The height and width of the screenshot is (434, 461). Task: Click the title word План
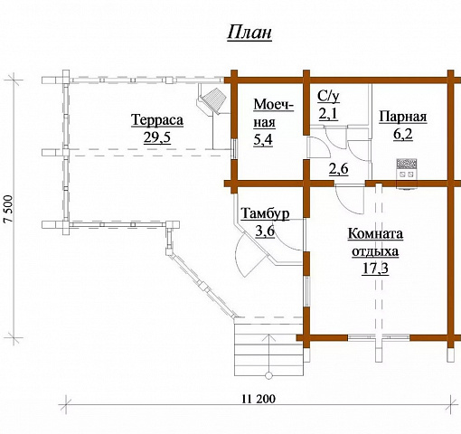tap(249, 33)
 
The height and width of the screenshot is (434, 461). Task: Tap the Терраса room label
tap(157, 119)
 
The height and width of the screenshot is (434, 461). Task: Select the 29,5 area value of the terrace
tap(157, 137)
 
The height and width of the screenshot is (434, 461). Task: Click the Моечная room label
tap(274, 113)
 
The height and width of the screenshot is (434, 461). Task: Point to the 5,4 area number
tap(263, 139)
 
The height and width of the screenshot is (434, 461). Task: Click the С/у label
tap(328, 97)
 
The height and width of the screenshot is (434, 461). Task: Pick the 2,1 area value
tap(328, 114)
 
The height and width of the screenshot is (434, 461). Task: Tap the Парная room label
tap(403, 117)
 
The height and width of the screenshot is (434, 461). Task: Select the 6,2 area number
tap(402, 134)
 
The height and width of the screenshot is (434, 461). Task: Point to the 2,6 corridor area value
tap(338, 169)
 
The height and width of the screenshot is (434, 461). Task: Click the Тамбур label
tap(266, 213)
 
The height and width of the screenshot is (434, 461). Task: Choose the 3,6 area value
tap(265, 231)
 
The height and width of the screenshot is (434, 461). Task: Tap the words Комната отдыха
tap(375, 242)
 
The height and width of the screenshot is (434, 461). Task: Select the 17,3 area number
tap(375, 269)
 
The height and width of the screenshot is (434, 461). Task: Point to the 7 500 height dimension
tap(9, 209)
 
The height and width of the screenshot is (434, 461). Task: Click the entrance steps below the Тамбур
tap(268, 349)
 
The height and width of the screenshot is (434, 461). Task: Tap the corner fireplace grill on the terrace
tap(214, 100)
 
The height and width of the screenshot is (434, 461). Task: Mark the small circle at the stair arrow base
tap(268, 375)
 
